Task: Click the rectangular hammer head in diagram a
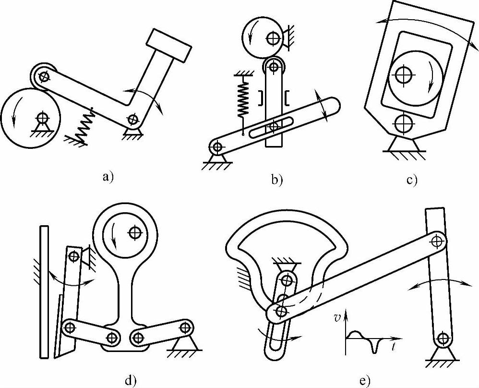point(170,45)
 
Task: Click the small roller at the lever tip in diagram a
point(44,76)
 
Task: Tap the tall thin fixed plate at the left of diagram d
point(44,291)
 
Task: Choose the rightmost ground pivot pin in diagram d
point(185,328)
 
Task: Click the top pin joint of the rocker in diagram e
point(436,240)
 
